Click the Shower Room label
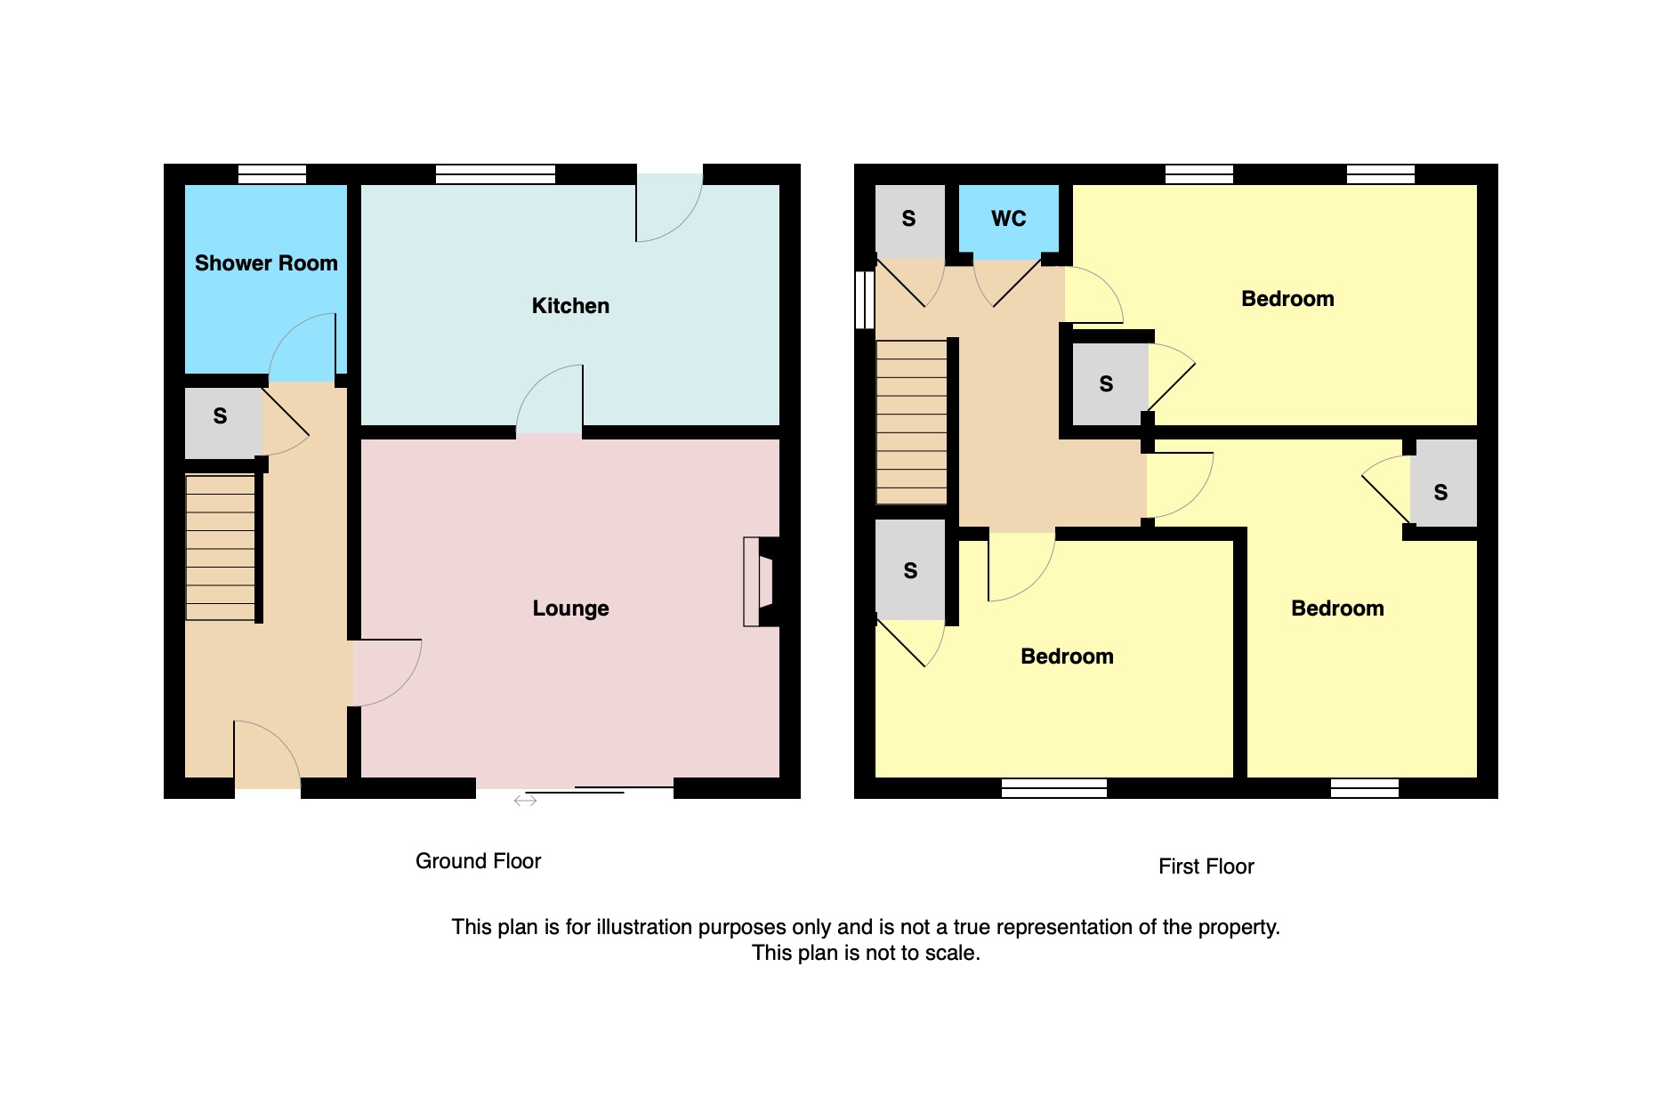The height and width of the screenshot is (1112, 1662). (x=266, y=263)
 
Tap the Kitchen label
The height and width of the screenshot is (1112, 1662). (x=570, y=306)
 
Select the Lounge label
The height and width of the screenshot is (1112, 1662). (x=570, y=608)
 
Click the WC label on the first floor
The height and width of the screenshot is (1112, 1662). (x=1009, y=219)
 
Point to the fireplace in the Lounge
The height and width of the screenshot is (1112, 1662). (x=760, y=582)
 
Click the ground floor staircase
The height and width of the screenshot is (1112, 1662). (x=221, y=547)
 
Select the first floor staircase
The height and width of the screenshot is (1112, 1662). (x=912, y=423)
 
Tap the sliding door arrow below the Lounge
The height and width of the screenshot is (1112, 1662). (x=525, y=801)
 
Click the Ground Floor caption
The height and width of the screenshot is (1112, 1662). (x=478, y=861)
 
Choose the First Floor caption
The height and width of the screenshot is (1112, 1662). (x=1206, y=866)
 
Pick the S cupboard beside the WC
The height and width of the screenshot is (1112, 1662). (x=909, y=220)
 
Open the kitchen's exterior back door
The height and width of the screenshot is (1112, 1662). (x=669, y=205)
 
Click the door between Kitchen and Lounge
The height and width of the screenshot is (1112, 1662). (x=549, y=399)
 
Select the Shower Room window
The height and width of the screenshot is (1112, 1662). (x=272, y=174)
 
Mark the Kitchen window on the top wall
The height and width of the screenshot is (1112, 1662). (x=496, y=174)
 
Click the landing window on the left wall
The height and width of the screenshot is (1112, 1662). (x=864, y=300)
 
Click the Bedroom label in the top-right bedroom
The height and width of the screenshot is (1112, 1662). (x=1287, y=299)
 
